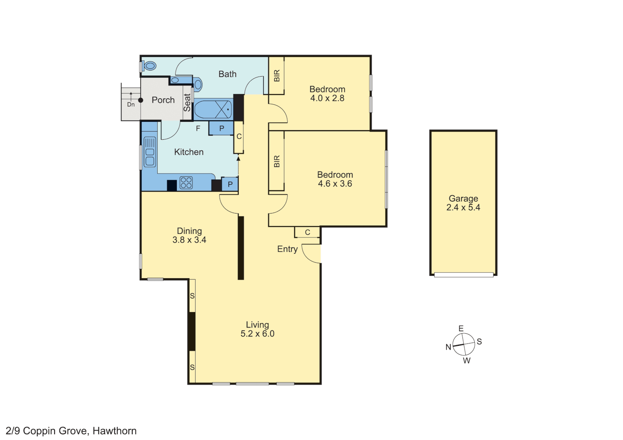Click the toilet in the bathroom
[150, 66]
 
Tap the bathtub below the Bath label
[213, 110]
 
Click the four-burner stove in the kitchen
[186, 183]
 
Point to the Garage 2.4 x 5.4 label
[463, 203]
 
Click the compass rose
[464, 344]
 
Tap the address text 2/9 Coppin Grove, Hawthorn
[71, 431]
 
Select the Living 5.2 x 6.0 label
[258, 329]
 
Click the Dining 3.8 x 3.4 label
[189, 235]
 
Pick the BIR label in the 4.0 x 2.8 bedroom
[277, 76]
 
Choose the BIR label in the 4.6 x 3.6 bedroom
[277, 161]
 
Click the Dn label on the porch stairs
[131, 105]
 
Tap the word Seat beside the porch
[187, 103]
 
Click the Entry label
[287, 249]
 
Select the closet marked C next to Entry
[308, 232]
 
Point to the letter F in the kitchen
[198, 129]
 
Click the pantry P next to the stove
[230, 184]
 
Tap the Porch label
[163, 100]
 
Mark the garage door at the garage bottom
[464, 275]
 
